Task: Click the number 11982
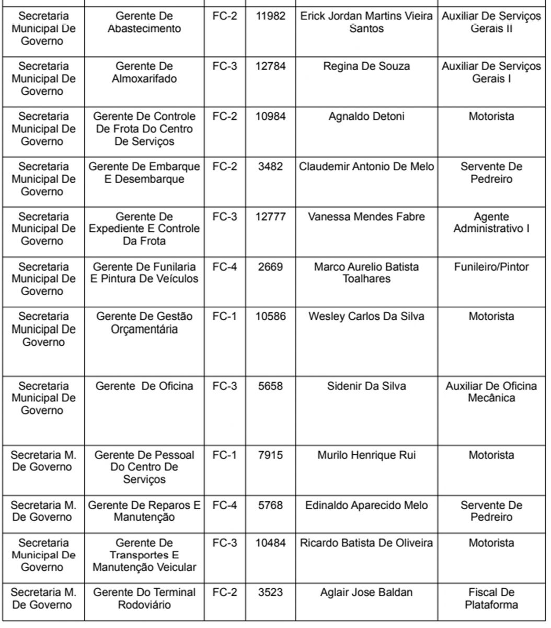[270, 16]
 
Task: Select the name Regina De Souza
[366, 66]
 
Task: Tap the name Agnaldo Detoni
[366, 117]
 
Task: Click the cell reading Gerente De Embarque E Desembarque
[144, 173]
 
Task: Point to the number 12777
[270, 217]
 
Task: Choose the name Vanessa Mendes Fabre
[366, 217]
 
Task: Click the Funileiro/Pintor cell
[491, 267]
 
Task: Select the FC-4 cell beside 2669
[224, 267]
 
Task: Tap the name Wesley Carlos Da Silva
[366, 317]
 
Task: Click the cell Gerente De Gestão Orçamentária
[144, 323]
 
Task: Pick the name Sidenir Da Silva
[366, 386]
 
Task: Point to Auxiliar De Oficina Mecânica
[491, 392]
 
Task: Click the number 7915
[270, 455]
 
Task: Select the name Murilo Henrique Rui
[366, 455]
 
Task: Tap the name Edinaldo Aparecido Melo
[366, 506]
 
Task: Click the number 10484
[270, 543]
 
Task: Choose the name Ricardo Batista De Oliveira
[366, 543]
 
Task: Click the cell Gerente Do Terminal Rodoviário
[144, 599]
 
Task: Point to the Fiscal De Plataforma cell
[491, 599]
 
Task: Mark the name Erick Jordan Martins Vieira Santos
[366, 22]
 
